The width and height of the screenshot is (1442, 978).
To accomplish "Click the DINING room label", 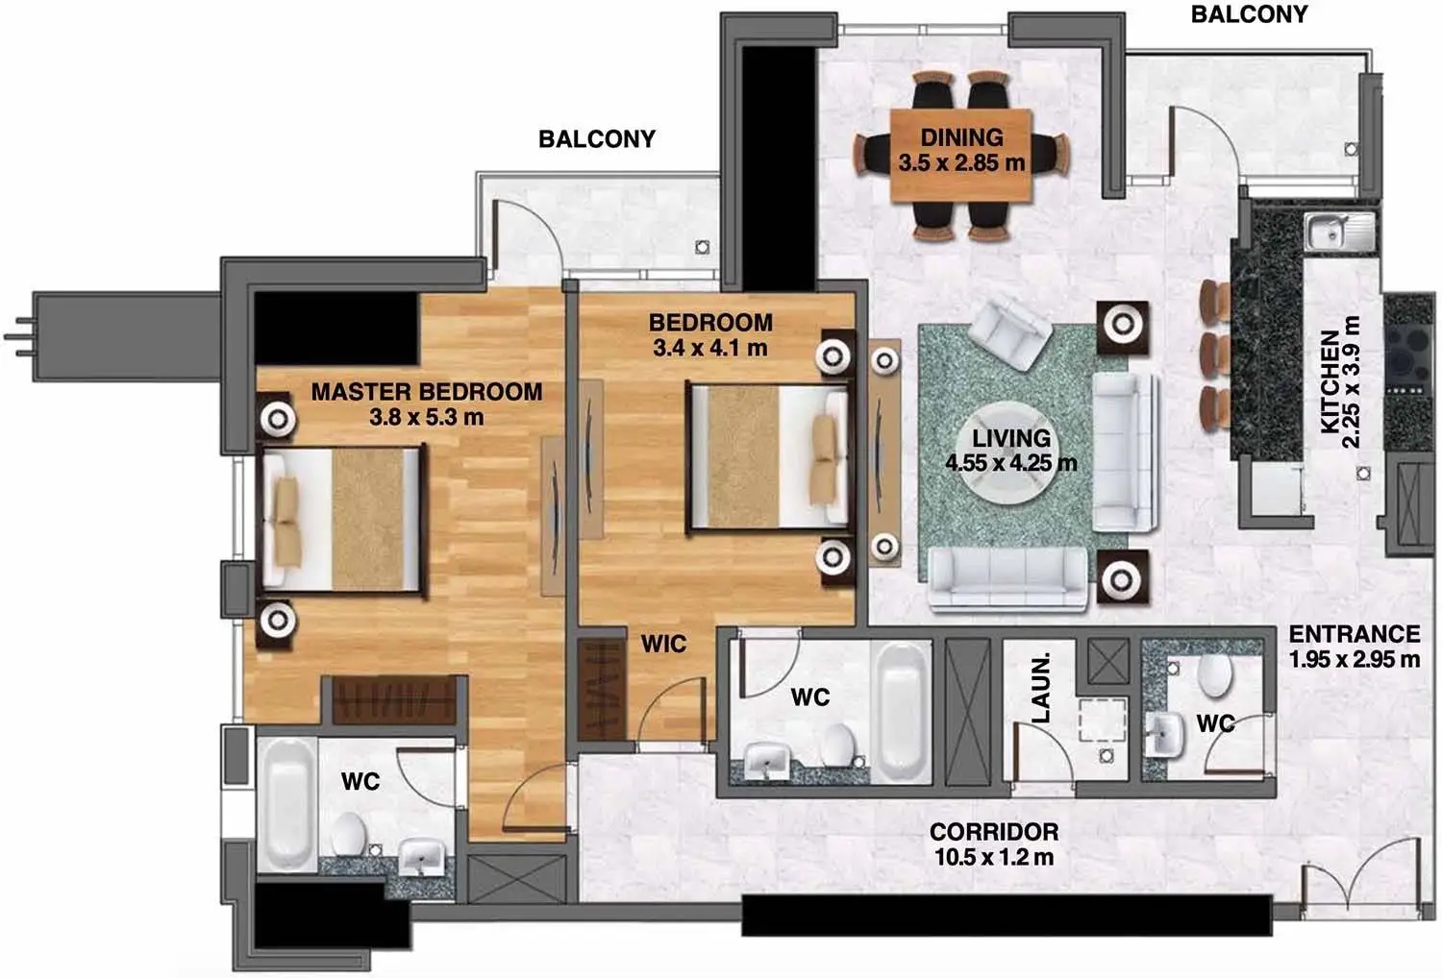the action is [x=961, y=137].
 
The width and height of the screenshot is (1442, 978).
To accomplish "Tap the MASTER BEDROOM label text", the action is [x=427, y=392].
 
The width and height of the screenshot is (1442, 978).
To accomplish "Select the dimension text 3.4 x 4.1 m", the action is [x=710, y=348].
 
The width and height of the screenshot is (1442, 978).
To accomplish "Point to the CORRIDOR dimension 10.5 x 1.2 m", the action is [x=994, y=857].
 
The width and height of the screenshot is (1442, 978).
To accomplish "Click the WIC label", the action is [x=663, y=644].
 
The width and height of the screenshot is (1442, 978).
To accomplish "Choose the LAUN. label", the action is [x=1041, y=687].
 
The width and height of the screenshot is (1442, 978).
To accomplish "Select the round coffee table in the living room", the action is [x=1009, y=452].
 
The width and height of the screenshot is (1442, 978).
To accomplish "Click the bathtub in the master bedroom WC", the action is [x=287, y=804].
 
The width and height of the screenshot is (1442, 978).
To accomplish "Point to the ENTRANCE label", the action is [x=1355, y=634].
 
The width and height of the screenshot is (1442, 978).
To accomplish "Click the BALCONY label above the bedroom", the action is [x=597, y=139].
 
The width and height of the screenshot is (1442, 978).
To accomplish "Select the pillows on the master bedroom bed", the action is [x=287, y=523].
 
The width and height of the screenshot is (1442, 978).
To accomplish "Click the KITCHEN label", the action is [x=1330, y=382].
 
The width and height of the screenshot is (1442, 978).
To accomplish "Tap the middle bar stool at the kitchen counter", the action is [x=1215, y=354].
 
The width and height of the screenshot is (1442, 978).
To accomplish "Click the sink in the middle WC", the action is [x=767, y=762].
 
